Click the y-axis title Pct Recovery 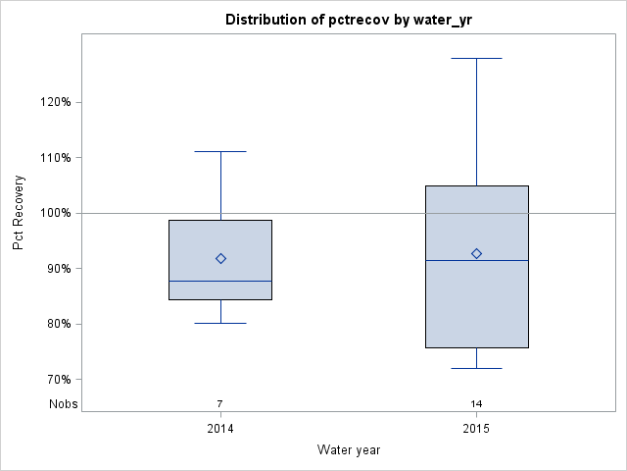click(x=19, y=213)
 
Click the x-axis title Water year click(x=348, y=449)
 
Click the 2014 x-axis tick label click(x=220, y=429)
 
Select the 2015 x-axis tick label click(x=476, y=429)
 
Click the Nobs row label click(x=64, y=404)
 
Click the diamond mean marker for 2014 click(x=220, y=259)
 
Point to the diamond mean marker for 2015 click(x=476, y=253)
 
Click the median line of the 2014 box click(x=220, y=281)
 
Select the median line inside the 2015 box click(x=476, y=260)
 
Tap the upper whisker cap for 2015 click(x=476, y=58)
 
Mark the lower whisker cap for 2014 click(x=220, y=323)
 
